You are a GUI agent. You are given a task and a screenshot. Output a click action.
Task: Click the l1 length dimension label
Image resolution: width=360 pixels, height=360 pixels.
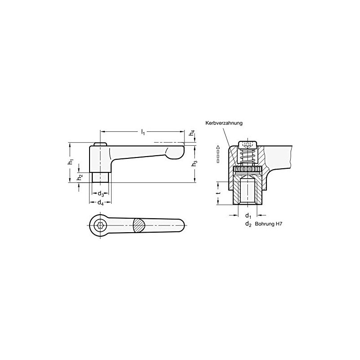pos(143,132)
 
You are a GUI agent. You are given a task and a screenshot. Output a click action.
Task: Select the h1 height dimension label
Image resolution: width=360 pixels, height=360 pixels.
pos(70,162)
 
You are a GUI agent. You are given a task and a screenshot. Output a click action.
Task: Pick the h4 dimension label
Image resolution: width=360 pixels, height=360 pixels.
pos(192,133)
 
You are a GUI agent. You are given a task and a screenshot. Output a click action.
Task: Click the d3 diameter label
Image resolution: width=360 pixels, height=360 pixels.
pos(101,194)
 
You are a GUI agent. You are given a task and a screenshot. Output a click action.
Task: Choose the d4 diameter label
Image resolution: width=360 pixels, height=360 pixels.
pos(101,204)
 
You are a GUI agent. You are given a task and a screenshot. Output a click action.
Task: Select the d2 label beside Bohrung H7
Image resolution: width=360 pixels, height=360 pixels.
pos(247,224)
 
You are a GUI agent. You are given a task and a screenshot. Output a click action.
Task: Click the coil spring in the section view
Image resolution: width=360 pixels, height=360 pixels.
pos(247,157)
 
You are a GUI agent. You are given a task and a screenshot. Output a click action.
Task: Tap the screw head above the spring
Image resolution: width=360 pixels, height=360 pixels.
pos(247,145)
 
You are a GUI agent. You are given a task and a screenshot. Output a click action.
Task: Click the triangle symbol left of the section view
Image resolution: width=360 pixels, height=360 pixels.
pos(218,148)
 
